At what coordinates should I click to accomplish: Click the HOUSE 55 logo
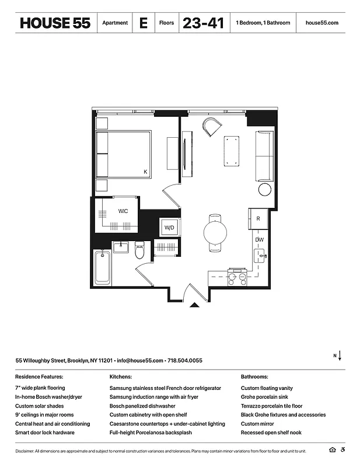tap(55, 23)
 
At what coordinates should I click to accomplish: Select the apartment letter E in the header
tap(143, 23)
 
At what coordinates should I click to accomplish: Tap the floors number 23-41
tap(203, 23)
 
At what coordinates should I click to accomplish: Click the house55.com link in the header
tap(321, 23)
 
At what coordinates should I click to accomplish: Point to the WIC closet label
tap(123, 211)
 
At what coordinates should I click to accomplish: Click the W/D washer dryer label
tap(169, 227)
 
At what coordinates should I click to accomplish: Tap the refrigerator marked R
tap(258, 218)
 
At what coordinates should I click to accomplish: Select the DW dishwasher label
tap(258, 239)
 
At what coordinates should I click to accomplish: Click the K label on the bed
tap(145, 172)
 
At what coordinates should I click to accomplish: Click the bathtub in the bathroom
tap(102, 267)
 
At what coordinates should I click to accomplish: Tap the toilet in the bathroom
tap(139, 251)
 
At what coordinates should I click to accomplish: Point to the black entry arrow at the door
tap(195, 304)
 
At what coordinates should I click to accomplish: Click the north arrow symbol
tap(340, 356)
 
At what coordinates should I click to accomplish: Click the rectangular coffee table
tap(231, 151)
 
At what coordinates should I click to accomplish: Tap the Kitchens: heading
tap(120, 377)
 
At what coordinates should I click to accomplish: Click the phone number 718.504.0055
tap(186, 361)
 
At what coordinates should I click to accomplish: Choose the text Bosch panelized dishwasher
tap(142, 406)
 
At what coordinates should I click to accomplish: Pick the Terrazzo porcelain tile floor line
tap(271, 406)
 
